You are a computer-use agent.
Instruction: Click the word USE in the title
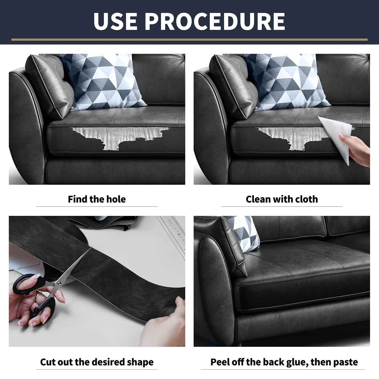115,22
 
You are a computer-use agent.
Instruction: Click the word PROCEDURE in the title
215,22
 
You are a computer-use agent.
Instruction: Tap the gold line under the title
189,40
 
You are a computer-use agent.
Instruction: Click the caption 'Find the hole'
97,199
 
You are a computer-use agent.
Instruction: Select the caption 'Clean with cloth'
282,199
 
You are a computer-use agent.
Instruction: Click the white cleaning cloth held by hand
336,134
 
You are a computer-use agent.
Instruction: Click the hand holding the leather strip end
165,323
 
